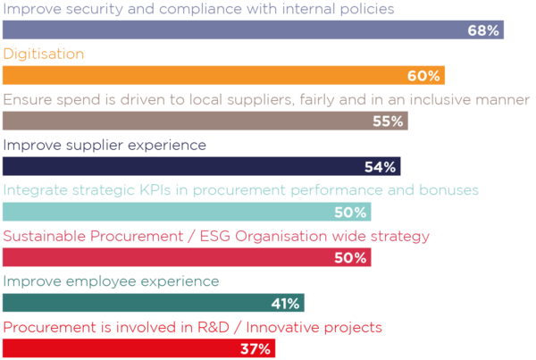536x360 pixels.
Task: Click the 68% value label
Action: click(482, 30)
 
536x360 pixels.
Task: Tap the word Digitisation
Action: click(44, 54)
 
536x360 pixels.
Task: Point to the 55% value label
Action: click(388, 121)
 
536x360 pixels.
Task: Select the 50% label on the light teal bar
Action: click(351, 213)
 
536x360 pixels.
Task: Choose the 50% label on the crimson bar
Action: click(351, 258)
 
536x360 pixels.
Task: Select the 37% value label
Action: click(255, 349)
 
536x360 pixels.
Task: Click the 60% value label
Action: click(423, 76)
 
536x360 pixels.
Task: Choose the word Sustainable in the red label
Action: click(44, 236)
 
